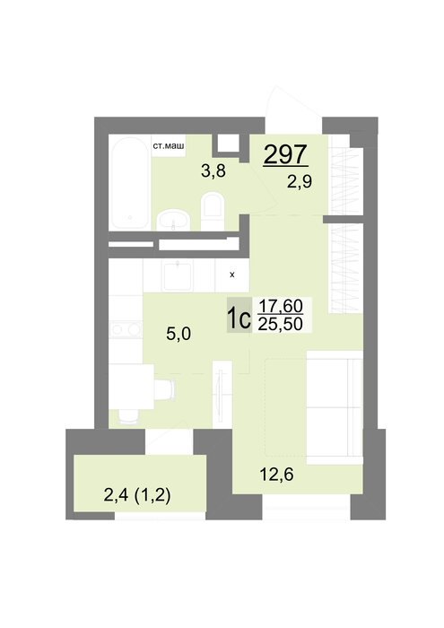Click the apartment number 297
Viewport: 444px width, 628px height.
coord(285,154)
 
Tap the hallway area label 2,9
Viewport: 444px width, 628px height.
coord(299,182)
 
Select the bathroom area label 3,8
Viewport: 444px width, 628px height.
coord(213,171)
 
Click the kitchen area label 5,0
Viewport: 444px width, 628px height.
coord(178,333)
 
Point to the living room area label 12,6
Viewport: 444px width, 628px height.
coord(276,475)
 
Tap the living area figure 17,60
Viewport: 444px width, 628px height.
coord(280,306)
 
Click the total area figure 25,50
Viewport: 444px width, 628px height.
coord(280,324)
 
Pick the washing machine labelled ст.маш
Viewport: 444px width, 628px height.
coord(168,145)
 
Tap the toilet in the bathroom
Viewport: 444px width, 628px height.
coord(212,211)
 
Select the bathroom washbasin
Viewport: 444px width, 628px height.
coord(173,221)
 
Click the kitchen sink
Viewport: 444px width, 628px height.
coord(178,275)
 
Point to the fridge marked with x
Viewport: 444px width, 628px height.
coord(231,275)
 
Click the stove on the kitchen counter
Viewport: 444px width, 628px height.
coord(126,329)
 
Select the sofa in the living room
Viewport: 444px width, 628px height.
coord(335,407)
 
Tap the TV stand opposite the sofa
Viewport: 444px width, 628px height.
coord(222,395)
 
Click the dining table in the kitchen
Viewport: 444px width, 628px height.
coord(131,387)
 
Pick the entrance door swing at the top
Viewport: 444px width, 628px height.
coord(293,109)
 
